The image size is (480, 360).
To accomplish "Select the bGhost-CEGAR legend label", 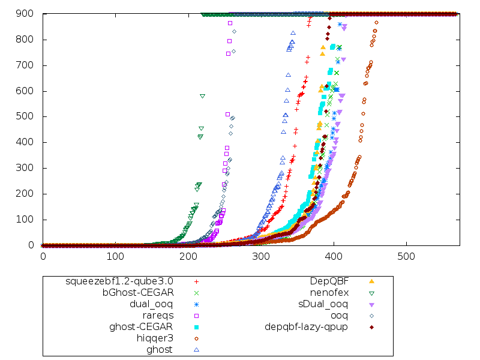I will [x=137, y=292].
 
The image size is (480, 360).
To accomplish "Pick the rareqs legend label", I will [x=158, y=315].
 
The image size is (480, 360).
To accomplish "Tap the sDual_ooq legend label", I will [x=323, y=304].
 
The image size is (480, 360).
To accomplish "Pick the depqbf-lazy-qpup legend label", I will [x=307, y=326].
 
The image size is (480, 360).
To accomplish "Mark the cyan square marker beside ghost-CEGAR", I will [x=196, y=326].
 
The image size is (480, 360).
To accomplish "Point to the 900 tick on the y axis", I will [x=26, y=14].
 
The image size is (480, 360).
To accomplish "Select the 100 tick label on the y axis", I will [x=26, y=220].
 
